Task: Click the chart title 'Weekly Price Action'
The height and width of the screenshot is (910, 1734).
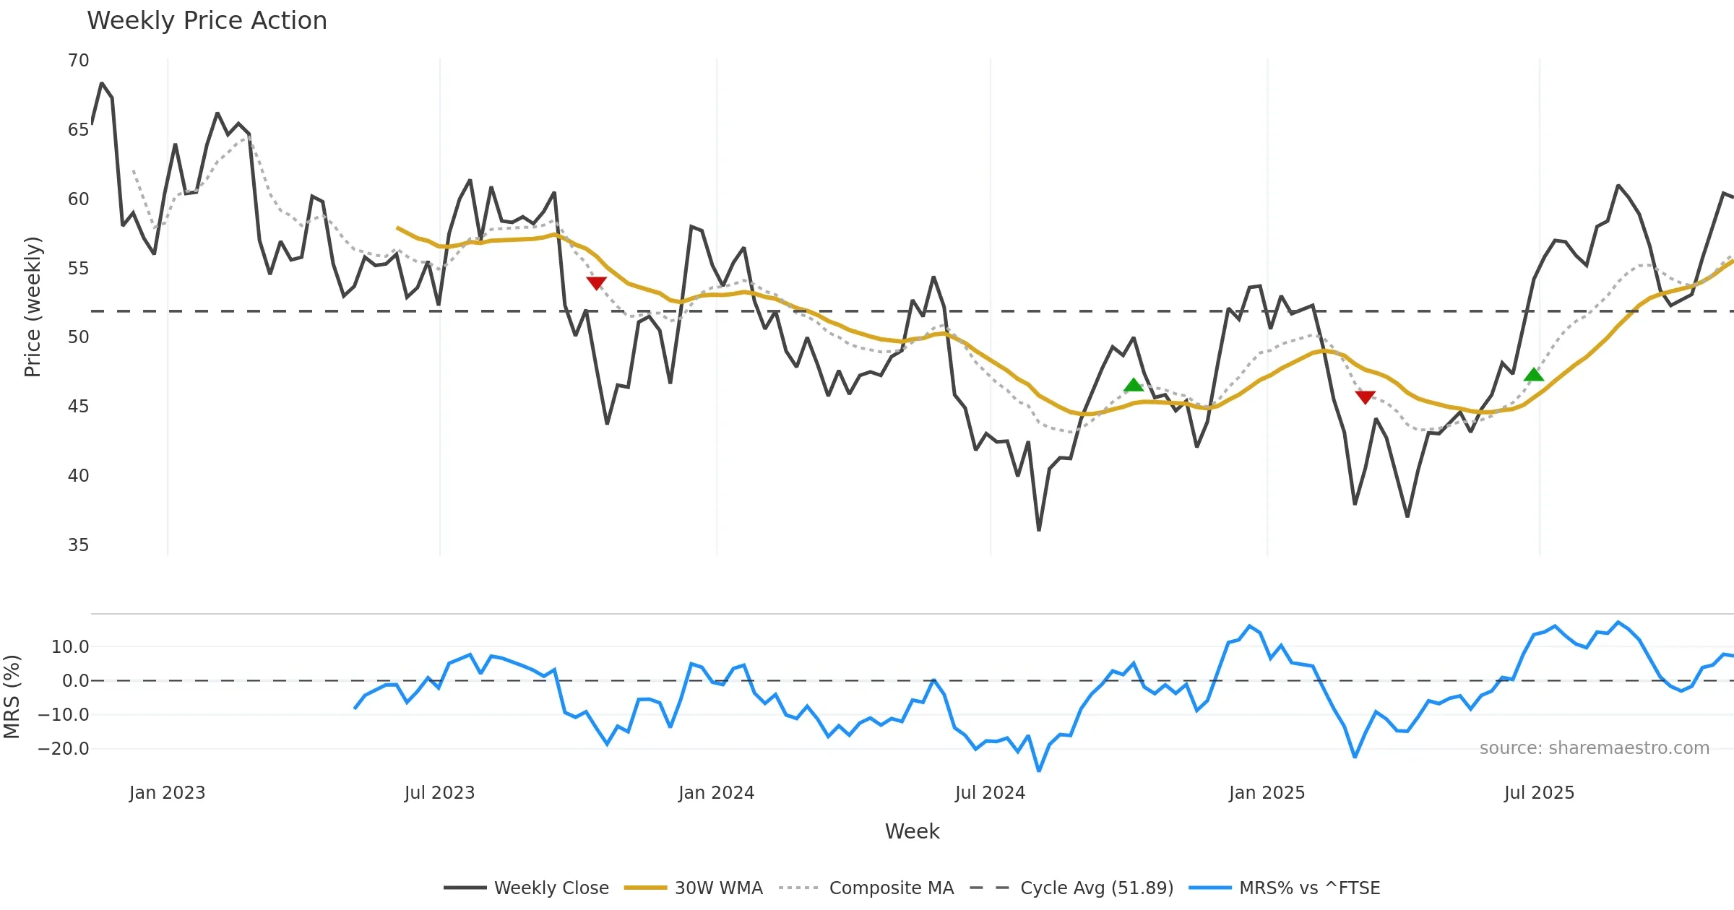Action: pyautogui.click(x=207, y=21)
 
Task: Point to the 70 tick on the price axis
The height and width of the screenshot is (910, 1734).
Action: pyautogui.click(x=78, y=61)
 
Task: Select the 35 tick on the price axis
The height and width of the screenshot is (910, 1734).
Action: pyautogui.click(x=78, y=545)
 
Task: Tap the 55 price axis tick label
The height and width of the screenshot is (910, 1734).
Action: pyautogui.click(x=78, y=269)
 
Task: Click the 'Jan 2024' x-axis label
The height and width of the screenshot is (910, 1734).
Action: pyautogui.click(x=716, y=793)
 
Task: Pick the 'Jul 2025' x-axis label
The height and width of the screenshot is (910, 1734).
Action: pyautogui.click(x=1539, y=793)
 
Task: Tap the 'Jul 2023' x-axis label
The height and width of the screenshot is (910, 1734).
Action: pyautogui.click(x=439, y=793)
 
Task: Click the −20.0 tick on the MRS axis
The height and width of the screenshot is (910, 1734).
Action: pyautogui.click(x=64, y=749)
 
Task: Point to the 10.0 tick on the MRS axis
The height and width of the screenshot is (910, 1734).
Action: pyautogui.click(x=70, y=647)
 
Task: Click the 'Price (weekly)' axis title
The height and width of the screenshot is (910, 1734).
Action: pyautogui.click(x=33, y=307)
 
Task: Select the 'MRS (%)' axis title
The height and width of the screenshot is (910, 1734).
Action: pyautogui.click(x=12, y=697)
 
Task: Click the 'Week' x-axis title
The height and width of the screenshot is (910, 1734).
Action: pyautogui.click(x=912, y=832)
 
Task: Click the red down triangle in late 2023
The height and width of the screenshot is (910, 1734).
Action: pyautogui.click(x=596, y=283)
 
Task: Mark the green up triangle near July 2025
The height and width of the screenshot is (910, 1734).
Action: pyautogui.click(x=1533, y=375)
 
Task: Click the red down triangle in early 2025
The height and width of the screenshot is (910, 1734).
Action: pyautogui.click(x=1365, y=397)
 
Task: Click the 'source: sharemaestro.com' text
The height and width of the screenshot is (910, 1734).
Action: pyautogui.click(x=1594, y=748)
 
